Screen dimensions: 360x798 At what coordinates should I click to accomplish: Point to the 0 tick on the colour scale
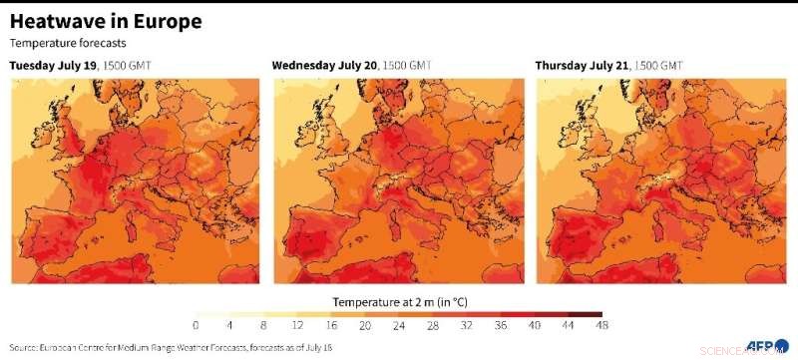point(196,325)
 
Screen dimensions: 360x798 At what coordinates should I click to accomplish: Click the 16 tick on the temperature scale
point(331,325)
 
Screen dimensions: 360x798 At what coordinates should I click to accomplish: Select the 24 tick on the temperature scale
point(399,325)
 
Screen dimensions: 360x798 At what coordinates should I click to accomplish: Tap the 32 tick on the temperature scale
point(467,325)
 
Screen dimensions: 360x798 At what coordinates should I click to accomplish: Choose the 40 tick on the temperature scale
point(535,325)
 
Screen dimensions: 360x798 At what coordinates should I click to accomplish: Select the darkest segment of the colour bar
point(594,313)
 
